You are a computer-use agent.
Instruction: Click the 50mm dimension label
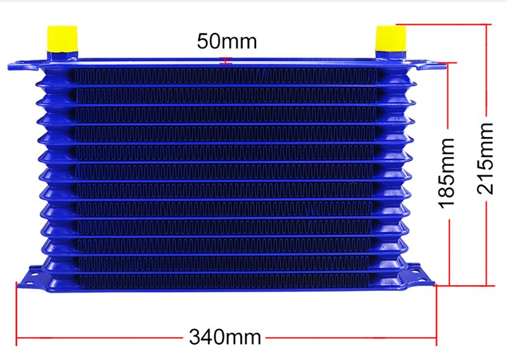[227, 41]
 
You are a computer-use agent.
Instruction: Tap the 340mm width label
[225, 337]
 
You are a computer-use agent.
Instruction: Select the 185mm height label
[447, 173]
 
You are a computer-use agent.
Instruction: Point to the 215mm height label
[485, 158]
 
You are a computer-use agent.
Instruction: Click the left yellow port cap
[62, 39]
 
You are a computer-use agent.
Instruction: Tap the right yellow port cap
[390, 38]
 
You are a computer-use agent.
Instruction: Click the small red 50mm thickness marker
[226, 60]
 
